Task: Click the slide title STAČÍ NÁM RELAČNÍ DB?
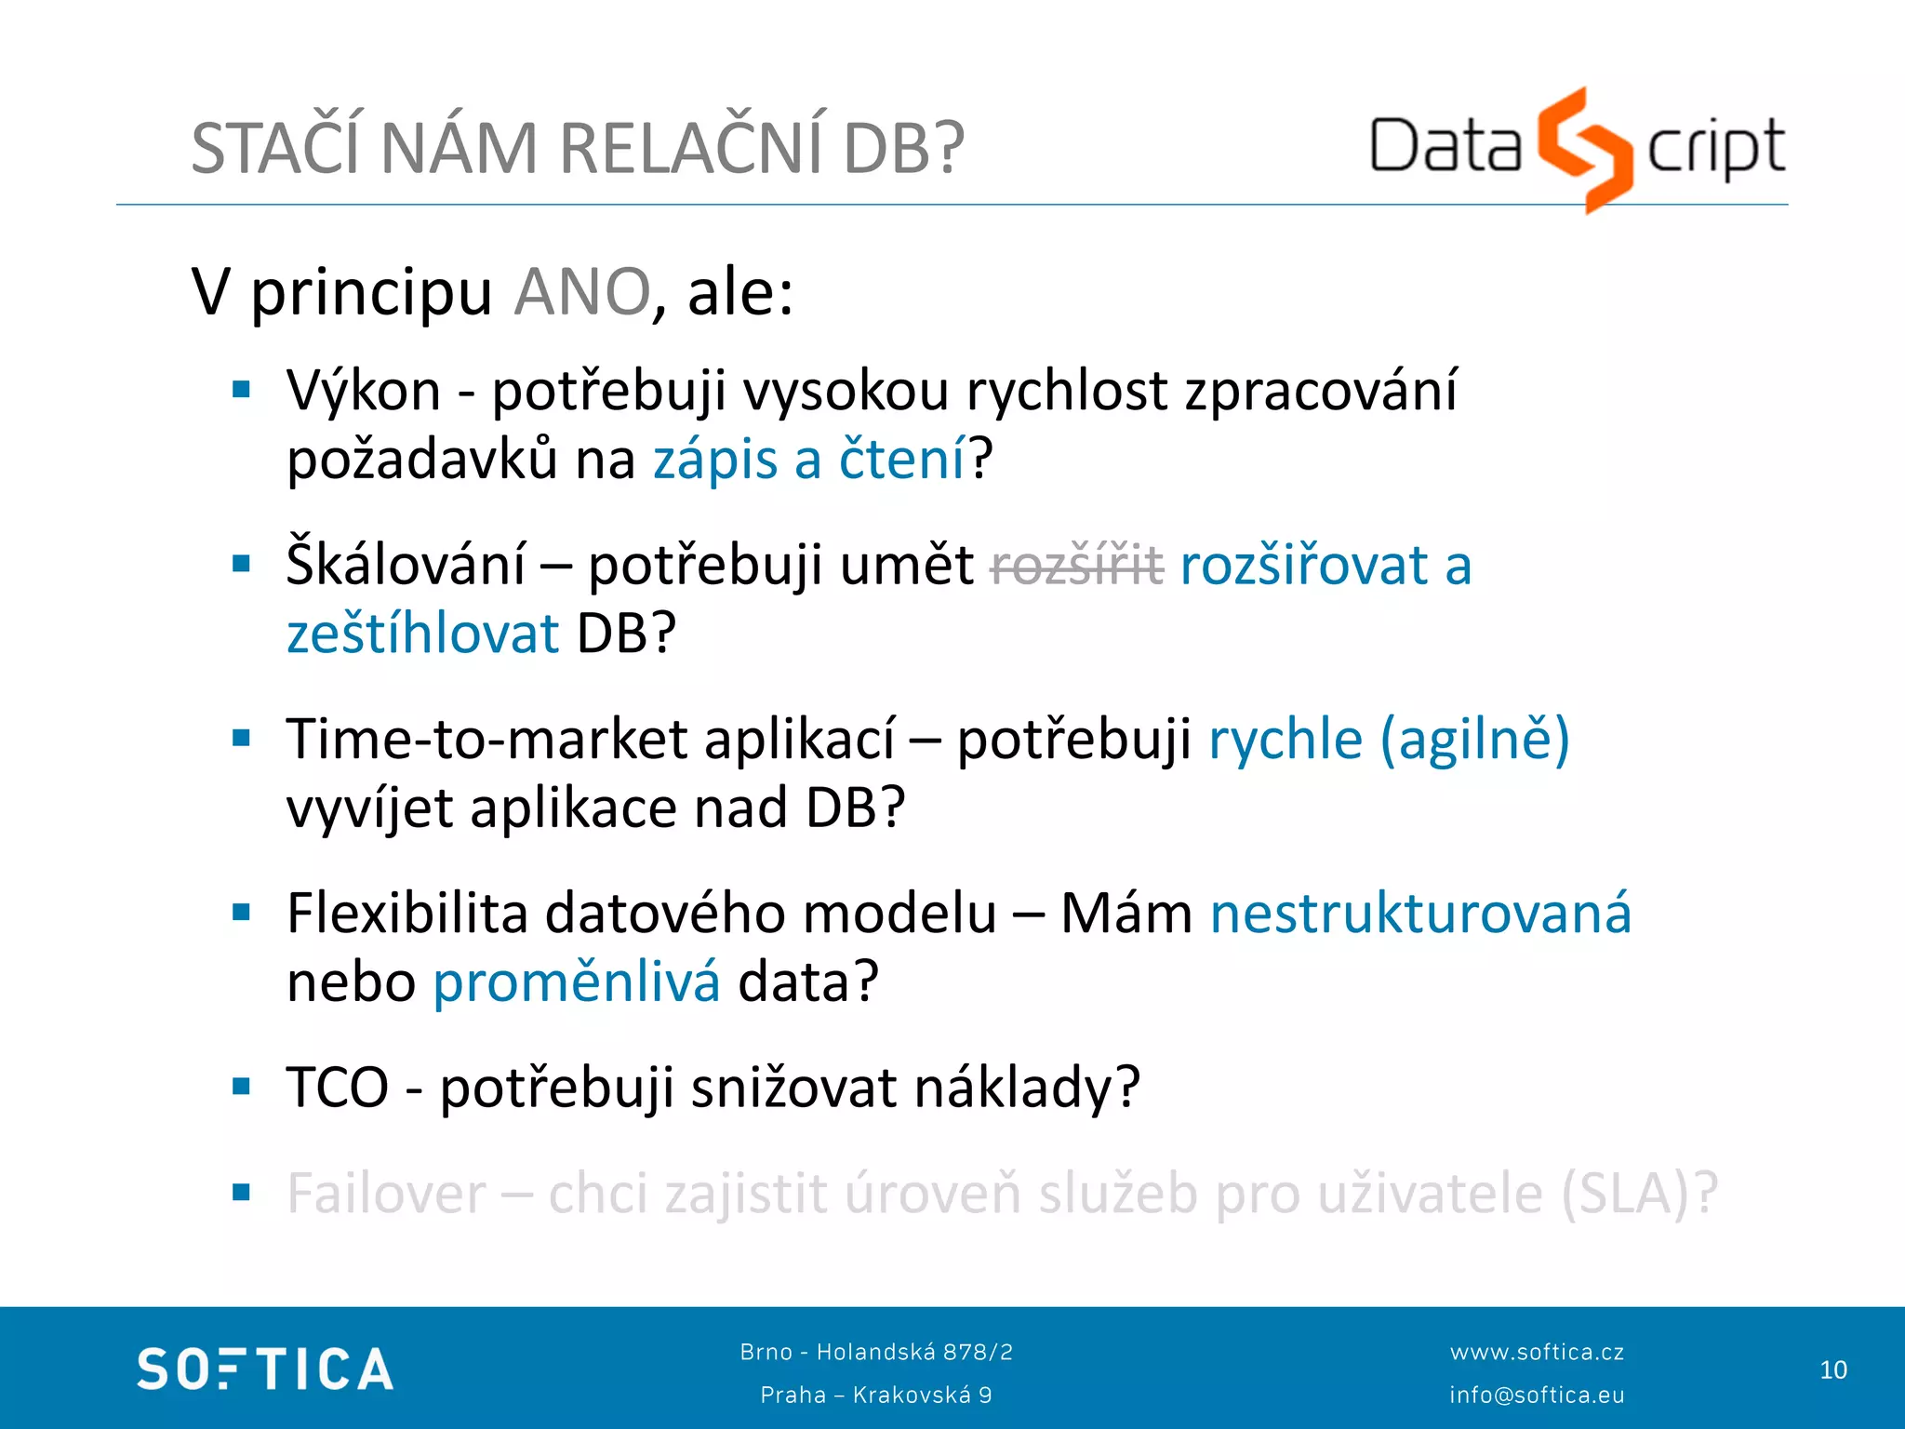tap(577, 149)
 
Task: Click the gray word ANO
tap(582, 292)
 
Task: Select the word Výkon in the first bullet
tap(364, 391)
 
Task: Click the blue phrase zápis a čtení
tap(809, 460)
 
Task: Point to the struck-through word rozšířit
tap(1077, 566)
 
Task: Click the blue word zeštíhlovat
tap(422, 634)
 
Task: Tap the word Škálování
tap(406, 566)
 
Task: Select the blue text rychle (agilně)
tap(1389, 740)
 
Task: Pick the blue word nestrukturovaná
tap(1420, 914)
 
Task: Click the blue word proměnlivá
tap(577, 982)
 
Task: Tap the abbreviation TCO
tap(338, 1088)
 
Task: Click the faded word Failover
tap(387, 1194)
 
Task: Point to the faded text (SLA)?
tap(1639, 1194)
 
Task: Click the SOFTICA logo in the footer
tap(265, 1369)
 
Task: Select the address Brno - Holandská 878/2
tap(876, 1352)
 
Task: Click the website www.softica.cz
tap(1537, 1352)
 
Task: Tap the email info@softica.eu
tap(1537, 1395)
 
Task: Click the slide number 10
tap(1832, 1370)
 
